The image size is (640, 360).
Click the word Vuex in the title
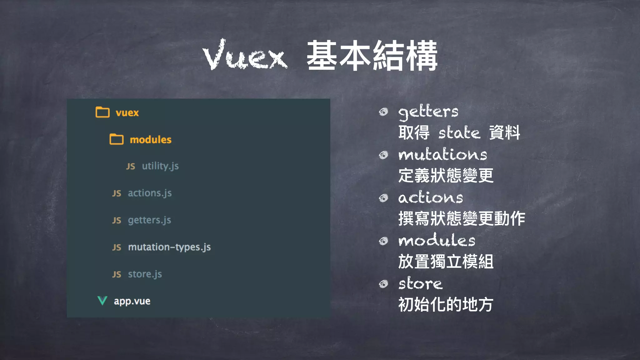point(245,56)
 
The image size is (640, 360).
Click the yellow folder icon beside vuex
point(102,112)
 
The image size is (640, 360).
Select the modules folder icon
point(117,139)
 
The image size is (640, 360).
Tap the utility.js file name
point(160,166)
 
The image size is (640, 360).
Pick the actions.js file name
point(150,193)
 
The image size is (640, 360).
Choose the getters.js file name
point(149,220)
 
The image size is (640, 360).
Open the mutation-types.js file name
point(169,247)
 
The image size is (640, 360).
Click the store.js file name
point(145,274)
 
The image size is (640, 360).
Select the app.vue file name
point(132,301)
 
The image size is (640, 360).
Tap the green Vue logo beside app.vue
point(102,301)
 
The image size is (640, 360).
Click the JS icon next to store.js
point(117,274)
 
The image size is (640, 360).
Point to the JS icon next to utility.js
point(131,166)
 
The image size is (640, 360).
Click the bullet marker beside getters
point(383,112)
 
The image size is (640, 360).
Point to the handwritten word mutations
point(442,154)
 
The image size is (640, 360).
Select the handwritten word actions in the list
point(430,197)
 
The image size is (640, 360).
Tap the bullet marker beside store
point(383,284)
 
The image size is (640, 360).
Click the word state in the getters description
point(459,132)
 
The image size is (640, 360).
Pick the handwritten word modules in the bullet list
point(437,240)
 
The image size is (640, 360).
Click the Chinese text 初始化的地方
point(446,304)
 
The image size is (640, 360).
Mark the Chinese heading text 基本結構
point(372,56)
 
